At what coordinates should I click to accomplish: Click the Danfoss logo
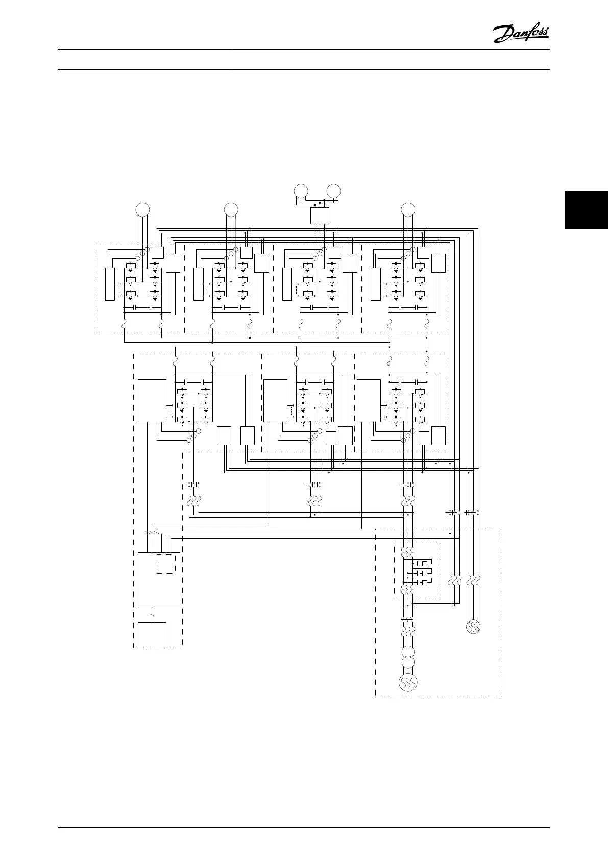click(x=521, y=34)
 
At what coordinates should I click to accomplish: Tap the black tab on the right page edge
click(x=586, y=209)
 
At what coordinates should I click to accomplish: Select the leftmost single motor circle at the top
click(x=142, y=209)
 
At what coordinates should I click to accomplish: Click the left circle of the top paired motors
click(x=301, y=192)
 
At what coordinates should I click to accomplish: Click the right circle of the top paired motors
click(x=334, y=192)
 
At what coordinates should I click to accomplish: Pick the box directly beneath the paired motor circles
click(x=320, y=216)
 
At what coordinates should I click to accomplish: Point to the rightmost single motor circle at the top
click(x=408, y=209)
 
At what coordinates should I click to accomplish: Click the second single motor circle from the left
click(x=231, y=209)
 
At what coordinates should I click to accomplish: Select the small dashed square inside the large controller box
click(x=166, y=563)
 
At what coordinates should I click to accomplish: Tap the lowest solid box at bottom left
click(x=152, y=634)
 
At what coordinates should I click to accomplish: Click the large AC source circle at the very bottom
click(x=407, y=682)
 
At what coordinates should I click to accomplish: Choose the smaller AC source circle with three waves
click(x=473, y=627)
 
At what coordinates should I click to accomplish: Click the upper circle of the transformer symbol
click(x=407, y=652)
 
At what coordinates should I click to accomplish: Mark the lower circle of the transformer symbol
click(x=407, y=662)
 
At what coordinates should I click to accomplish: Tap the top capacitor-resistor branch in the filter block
click(x=422, y=563)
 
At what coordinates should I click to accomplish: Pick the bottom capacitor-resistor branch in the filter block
click(x=422, y=583)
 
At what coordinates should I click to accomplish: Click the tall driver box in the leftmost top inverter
click(x=110, y=283)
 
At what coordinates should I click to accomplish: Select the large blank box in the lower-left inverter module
click(x=152, y=400)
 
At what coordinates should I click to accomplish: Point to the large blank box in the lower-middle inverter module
click(x=275, y=400)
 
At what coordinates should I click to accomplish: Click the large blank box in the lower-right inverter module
click(x=369, y=400)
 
